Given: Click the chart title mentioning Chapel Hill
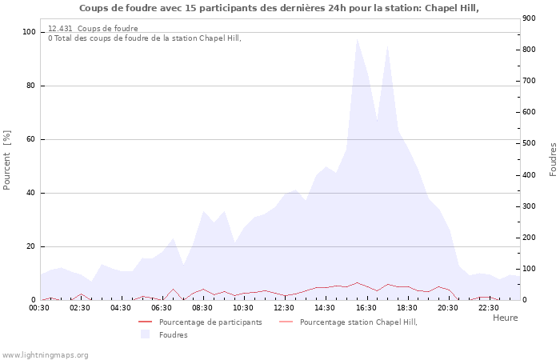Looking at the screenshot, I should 279,8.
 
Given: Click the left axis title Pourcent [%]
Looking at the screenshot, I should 7,160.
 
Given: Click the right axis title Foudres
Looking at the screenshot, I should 552,160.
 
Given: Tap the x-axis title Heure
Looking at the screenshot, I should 505,318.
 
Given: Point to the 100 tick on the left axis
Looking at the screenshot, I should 29,32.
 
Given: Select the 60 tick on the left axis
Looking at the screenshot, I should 31,139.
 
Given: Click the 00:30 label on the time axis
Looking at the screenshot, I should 39,307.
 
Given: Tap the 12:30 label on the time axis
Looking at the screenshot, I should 284,307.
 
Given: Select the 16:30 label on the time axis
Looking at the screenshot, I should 366,307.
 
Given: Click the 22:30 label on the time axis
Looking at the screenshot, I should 488,307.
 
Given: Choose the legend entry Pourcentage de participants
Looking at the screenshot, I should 210,322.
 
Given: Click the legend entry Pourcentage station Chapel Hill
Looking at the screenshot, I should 358,322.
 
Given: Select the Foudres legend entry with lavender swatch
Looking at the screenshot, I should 173,334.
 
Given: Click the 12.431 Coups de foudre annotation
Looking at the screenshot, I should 93,28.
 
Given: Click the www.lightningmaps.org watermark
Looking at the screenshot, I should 46,354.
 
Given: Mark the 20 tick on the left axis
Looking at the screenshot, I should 31,246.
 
